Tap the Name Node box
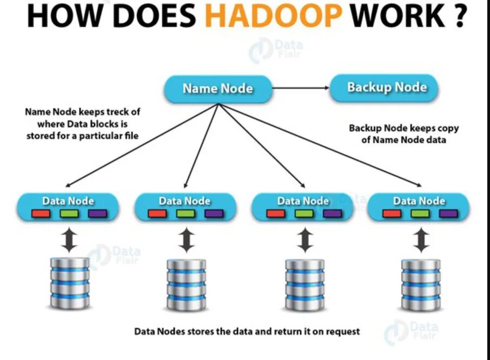pos(217,88)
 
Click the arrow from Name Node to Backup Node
pos(300,88)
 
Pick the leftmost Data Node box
pos(68,206)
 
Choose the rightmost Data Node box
pos(419,206)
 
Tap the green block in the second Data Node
pos(186,214)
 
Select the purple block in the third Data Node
pos(332,214)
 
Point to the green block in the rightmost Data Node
pos(420,214)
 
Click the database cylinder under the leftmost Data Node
pos(69,283)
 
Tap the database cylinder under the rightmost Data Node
pos(421,283)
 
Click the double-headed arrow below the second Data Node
pos(186,239)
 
